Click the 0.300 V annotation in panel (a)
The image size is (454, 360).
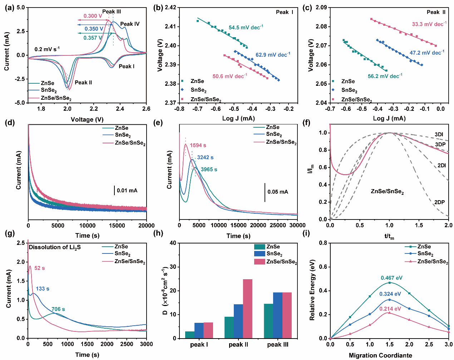pyautogui.click(x=93, y=16)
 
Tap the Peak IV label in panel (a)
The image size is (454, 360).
pyautogui.click(x=130, y=24)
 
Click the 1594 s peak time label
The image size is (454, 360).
pyautogui.click(x=198, y=146)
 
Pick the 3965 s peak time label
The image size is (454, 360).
pyautogui.click(x=209, y=169)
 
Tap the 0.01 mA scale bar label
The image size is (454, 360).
pyautogui.click(x=127, y=191)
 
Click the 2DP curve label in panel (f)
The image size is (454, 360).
pyautogui.click(x=439, y=202)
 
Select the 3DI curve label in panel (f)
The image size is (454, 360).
pyautogui.click(x=439, y=134)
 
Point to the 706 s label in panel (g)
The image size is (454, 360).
pyautogui.click(x=58, y=309)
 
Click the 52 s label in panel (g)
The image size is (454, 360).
pyautogui.click(x=40, y=268)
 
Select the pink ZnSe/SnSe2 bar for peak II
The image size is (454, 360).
pyautogui.click(x=248, y=309)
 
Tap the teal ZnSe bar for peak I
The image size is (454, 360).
pyautogui.click(x=190, y=335)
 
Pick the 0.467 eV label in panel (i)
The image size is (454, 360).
pyautogui.click(x=391, y=278)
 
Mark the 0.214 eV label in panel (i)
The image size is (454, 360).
pyautogui.click(x=390, y=309)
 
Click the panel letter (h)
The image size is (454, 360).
pyautogui.click(x=158, y=233)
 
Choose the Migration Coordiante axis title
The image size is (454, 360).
pyautogui.click(x=380, y=355)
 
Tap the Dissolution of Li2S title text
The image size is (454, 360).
pyautogui.click(x=55, y=247)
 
